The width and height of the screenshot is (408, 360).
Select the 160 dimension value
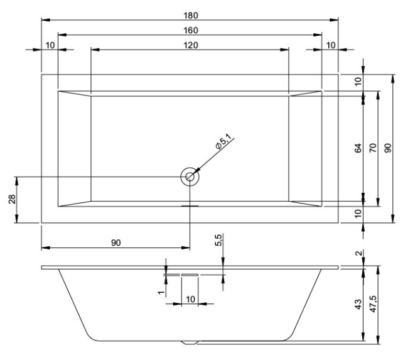(190, 30)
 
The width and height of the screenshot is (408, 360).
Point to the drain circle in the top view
(189, 177)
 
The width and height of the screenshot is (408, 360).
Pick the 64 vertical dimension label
(358, 149)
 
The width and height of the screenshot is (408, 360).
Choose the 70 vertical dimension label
(373, 149)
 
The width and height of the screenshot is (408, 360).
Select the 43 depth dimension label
(358, 304)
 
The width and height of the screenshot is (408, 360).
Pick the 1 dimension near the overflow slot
(161, 293)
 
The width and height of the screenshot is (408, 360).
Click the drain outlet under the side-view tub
(190, 343)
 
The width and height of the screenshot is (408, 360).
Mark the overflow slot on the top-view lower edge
(190, 205)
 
